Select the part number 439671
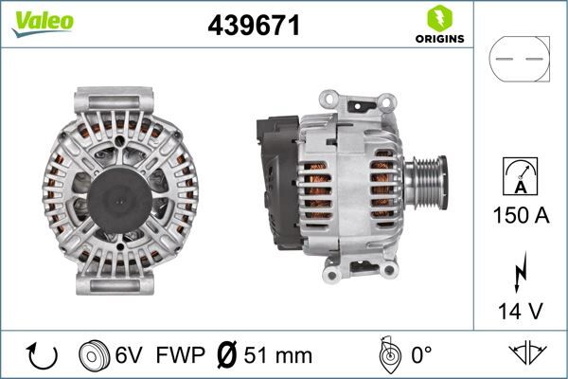pos(254,26)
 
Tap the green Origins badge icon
pos(438,18)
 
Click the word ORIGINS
pos(438,39)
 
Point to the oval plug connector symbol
pos(519,59)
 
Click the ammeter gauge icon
pos(518,175)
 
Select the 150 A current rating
pos(519,215)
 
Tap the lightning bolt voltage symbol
pos(519,272)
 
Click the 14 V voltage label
pos(519,310)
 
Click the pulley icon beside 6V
pos(94,355)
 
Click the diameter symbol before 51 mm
pos(226,356)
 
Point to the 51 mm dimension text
pos(278,356)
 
